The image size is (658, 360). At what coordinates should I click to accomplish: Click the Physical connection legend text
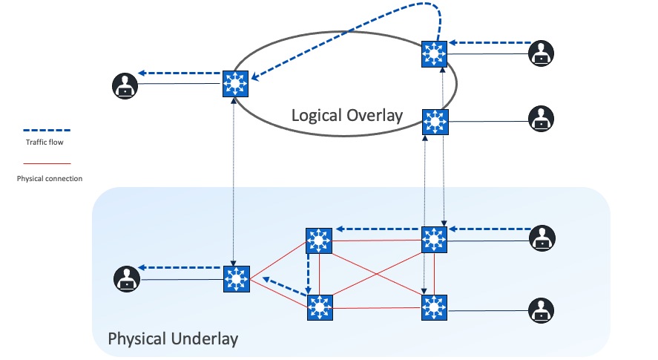(50, 178)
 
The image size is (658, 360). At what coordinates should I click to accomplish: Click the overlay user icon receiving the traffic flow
(126, 85)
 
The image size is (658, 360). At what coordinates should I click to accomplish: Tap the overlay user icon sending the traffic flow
(542, 53)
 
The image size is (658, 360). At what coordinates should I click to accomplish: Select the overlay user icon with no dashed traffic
(542, 118)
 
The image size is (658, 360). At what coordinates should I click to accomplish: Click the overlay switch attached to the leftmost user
(235, 84)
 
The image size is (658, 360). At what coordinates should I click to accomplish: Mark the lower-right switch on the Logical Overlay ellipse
(435, 121)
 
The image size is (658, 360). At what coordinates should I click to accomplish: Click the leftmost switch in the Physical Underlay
(235, 278)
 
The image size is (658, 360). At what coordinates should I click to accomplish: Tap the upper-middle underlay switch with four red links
(319, 240)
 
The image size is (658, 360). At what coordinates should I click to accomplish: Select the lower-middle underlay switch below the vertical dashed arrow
(320, 307)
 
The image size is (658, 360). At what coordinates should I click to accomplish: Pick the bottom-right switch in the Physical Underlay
(434, 307)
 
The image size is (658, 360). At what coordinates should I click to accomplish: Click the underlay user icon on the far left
(127, 279)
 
